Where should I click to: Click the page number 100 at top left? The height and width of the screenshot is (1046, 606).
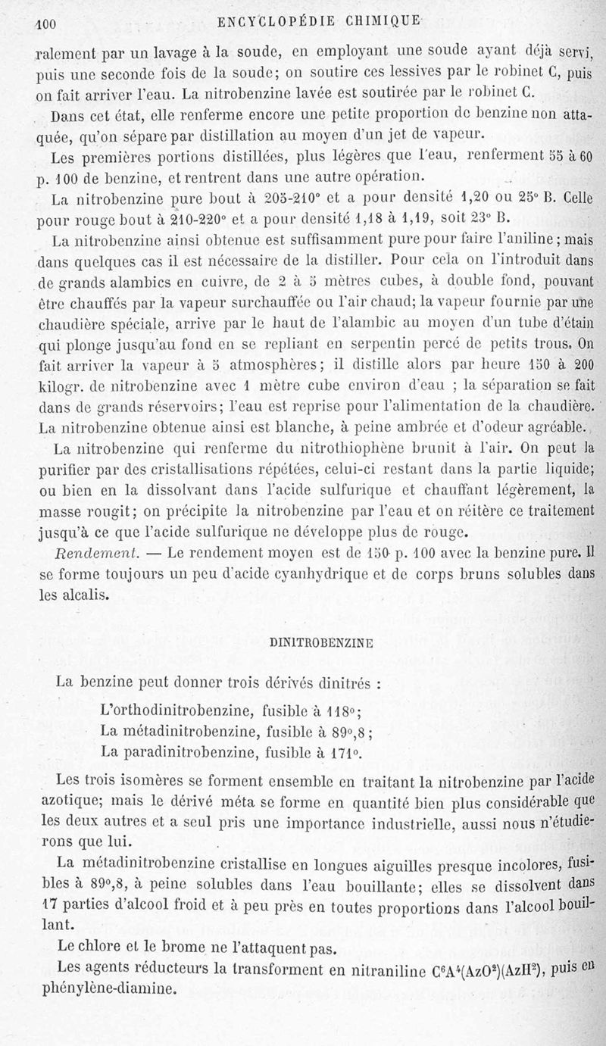[48, 23]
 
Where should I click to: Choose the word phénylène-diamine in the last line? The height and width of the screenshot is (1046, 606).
[115, 988]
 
